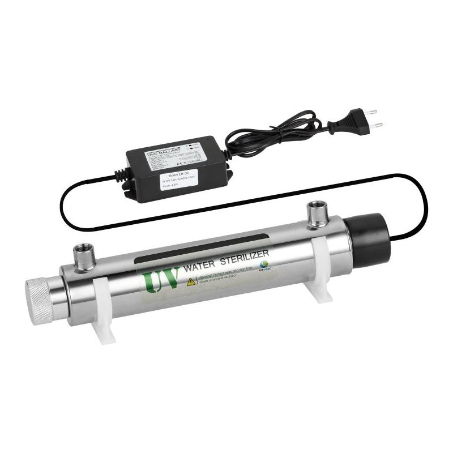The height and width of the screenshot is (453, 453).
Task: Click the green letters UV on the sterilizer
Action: coord(162,278)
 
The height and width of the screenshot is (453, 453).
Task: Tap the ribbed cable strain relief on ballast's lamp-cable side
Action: coord(122,174)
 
